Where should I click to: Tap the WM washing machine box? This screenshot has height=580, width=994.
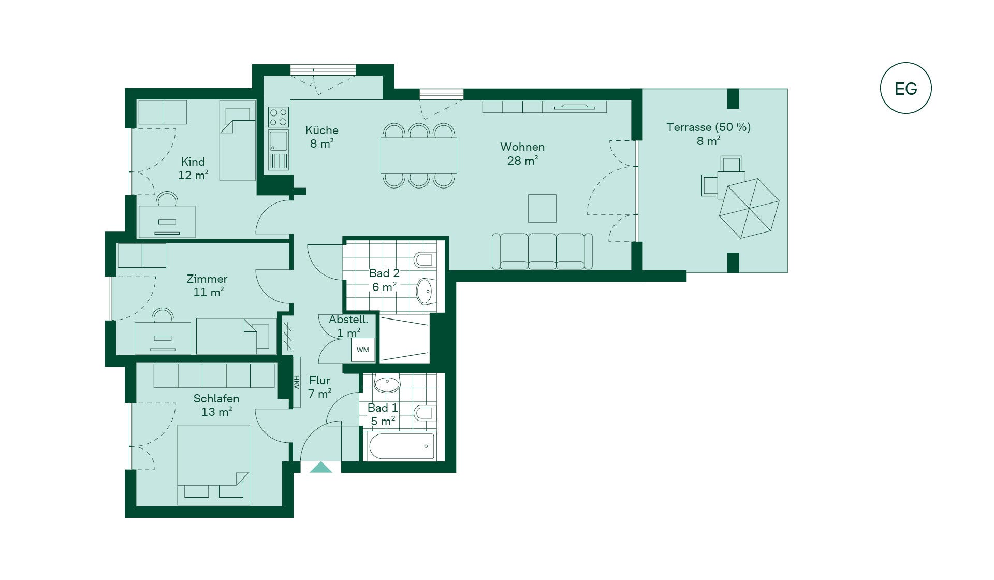pyautogui.click(x=363, y=350)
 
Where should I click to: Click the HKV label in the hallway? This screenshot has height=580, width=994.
pyautogui.click(x=297, y=382)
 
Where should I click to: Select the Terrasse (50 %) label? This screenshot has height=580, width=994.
pyautogui.click(x=708, y=127)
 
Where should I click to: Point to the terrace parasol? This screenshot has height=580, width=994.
pyautogui.click(x=749, y=208)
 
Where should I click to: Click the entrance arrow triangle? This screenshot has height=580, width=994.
pyautogui.click(x=320, y=467)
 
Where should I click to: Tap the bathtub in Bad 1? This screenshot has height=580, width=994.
pyautogui.click(x=401, y=446)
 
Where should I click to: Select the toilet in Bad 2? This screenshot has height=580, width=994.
pyautogui.click(x=425, y=259)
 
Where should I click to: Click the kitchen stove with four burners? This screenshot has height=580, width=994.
pyautogui.click(x=279, y=117)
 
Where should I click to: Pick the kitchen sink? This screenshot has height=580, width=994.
pyautogui.click(x=279, y=141)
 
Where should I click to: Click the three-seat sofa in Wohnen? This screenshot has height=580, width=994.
pyautogui.click(x=542, y=251)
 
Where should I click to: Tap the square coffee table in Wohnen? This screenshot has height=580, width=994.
pyautogui.click(x=542, y=208)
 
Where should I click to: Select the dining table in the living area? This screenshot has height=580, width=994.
pyautogui.click(x=419, y=155)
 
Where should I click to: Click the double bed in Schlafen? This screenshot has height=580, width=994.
pyautogui.click(x=213, y=465)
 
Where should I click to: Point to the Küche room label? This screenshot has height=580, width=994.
pyautogui.click(x=321, y=130)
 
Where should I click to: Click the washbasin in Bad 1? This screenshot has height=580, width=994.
pyautogui.click(x=387, y=384)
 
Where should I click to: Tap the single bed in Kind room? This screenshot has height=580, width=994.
pyautogui.click(x=238, y=140)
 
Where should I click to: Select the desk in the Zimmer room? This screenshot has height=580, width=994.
pyautogui.click(x=163, y=338)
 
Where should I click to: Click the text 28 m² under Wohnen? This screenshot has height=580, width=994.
pyautogui.click(x=522, y=161)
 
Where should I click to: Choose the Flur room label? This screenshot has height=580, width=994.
pyautogui.click(x=319, y=380)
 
